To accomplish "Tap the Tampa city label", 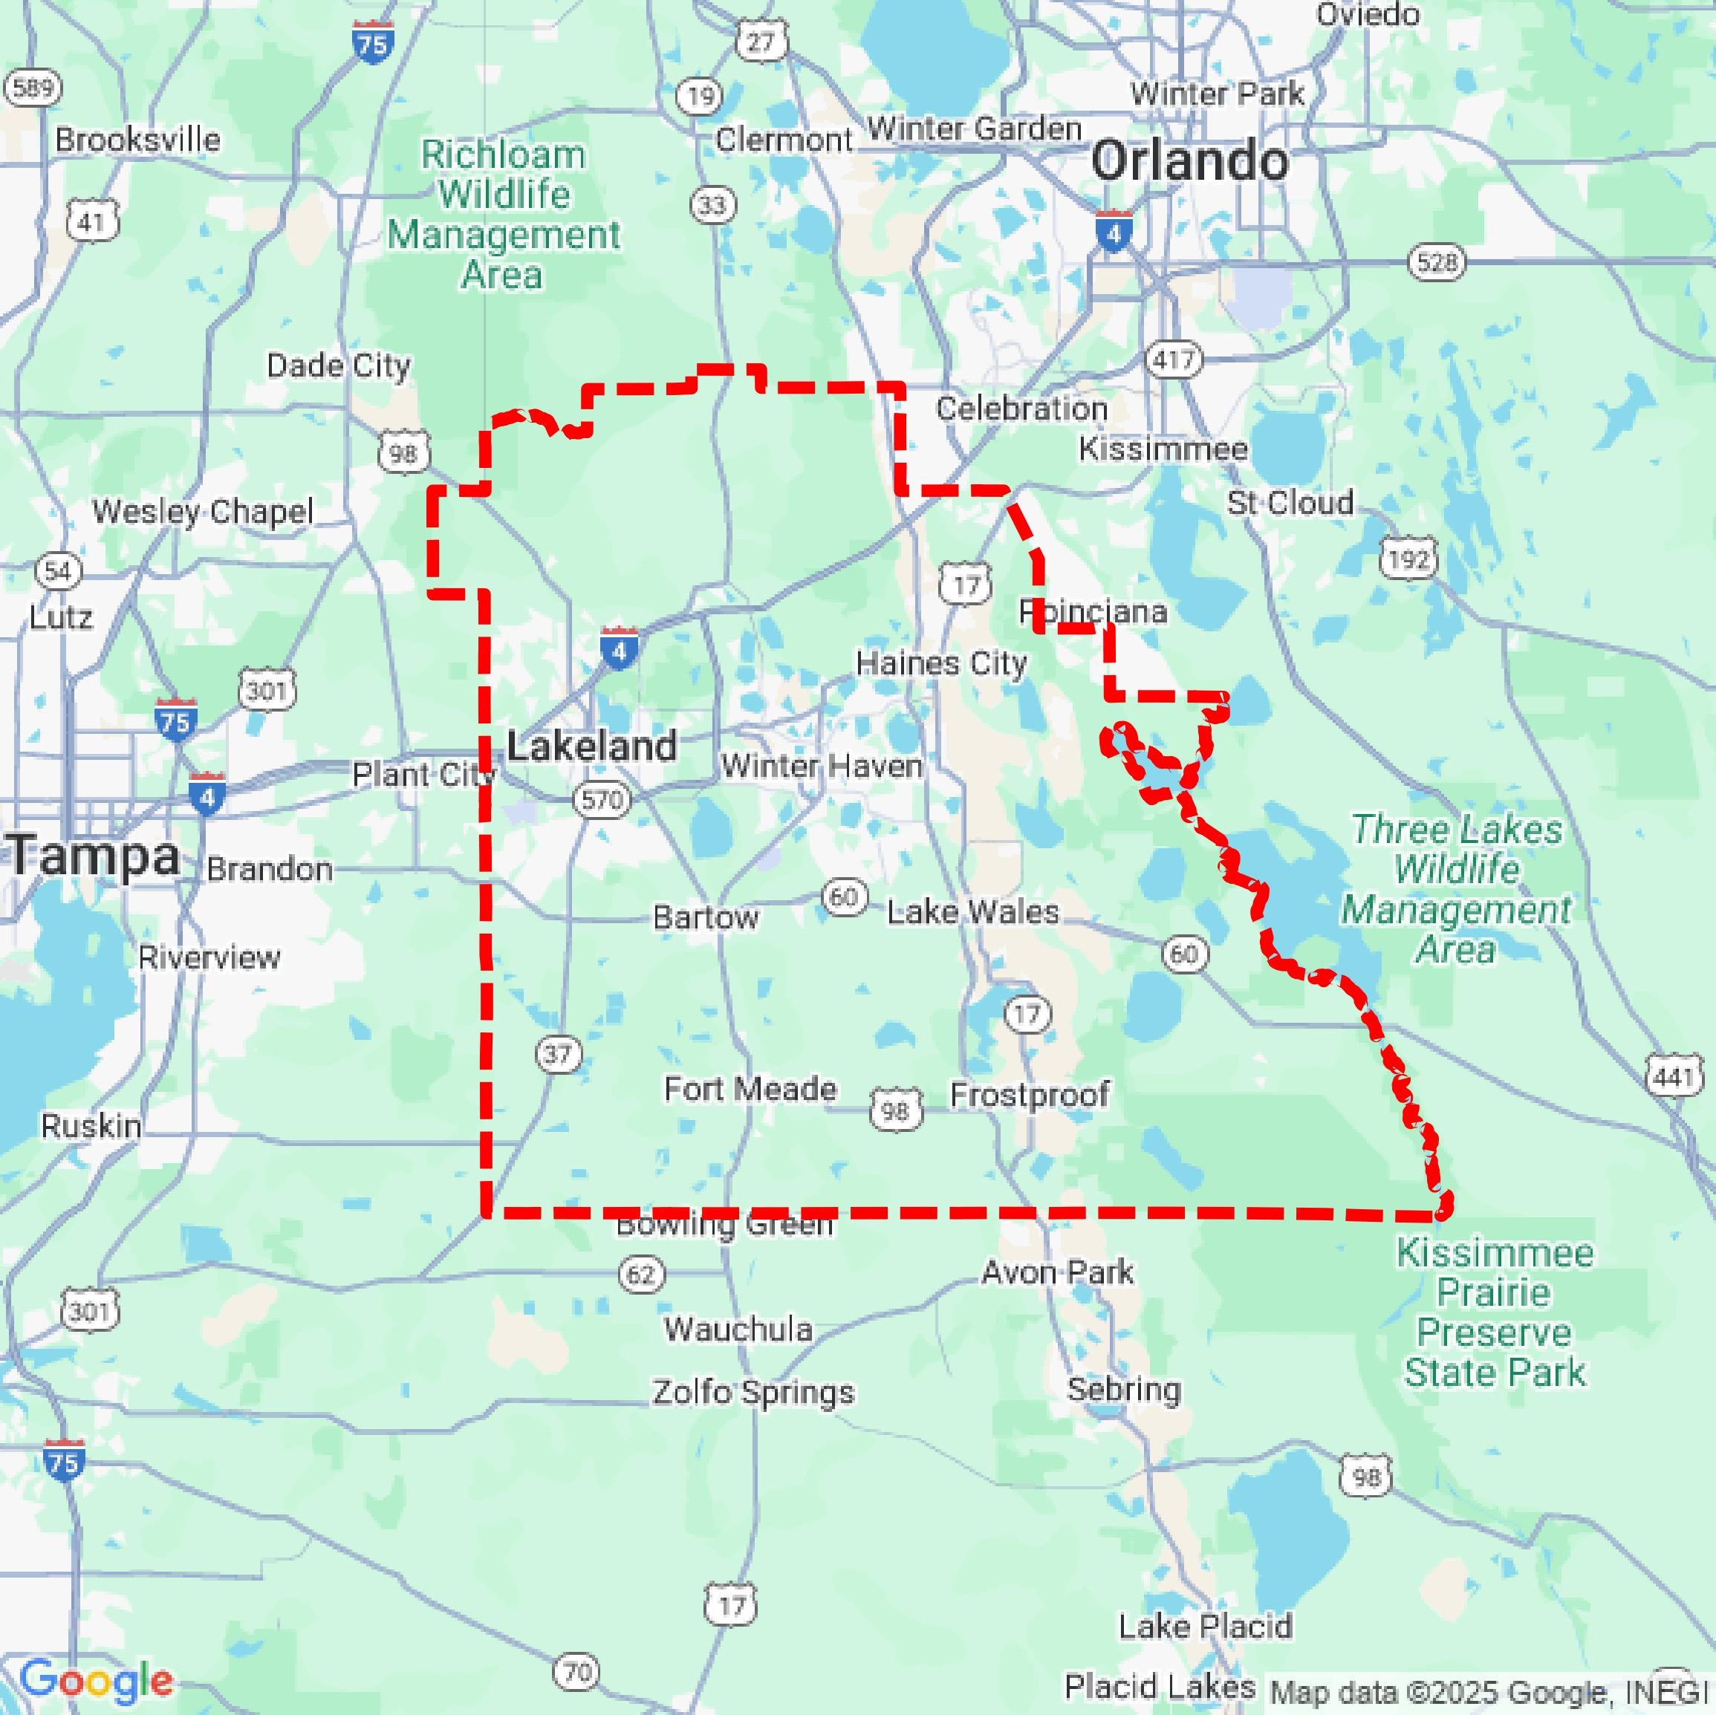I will point(94,856).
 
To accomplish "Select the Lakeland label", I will point(591,746).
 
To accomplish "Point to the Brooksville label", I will point(137,140).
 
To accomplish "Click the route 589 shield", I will point(33,87).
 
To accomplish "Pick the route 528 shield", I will point(1436,262).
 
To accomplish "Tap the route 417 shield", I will point(1174,359).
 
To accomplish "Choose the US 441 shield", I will point(1674,1077).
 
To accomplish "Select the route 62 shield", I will point(640,1275).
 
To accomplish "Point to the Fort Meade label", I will point(750,1089).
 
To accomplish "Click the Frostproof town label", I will point(1030,1094).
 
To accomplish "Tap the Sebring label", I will point(1123,1389).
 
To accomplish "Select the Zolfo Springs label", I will point(753,1392).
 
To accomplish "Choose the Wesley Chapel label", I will point(203,512).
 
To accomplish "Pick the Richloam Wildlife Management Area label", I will point(504,215).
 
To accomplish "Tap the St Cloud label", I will point(1290,503).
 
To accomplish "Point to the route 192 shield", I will point(1408,559).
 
